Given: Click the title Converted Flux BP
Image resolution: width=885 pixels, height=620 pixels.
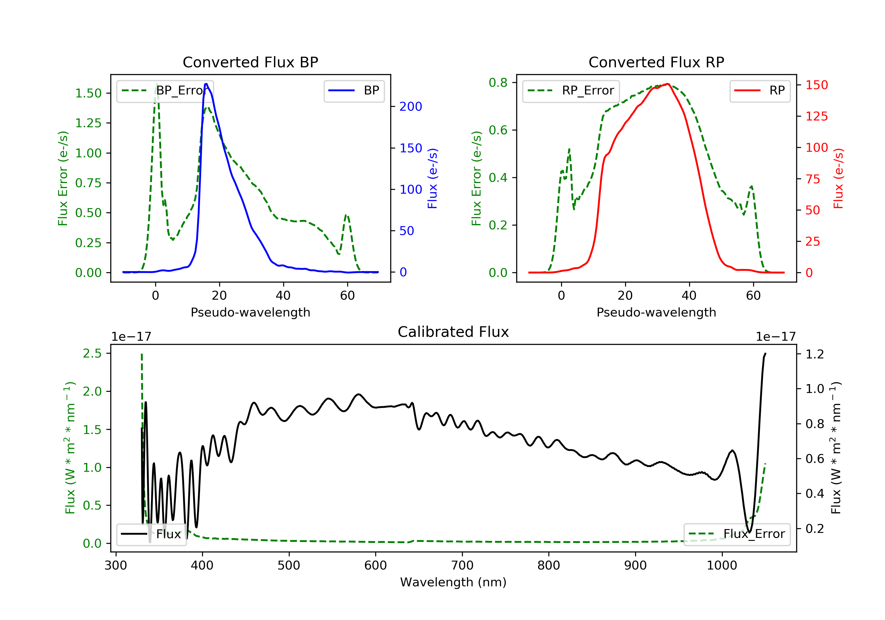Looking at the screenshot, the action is [x=250, y=62].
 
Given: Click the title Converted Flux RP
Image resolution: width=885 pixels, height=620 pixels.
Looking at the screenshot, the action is [x=656, y=62].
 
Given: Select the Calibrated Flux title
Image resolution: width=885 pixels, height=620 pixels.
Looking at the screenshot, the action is [x=453, y=332].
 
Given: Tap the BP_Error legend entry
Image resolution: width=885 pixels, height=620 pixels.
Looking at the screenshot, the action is [x=165, y=91].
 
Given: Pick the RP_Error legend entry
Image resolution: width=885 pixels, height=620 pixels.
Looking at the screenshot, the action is [x=571, y=91].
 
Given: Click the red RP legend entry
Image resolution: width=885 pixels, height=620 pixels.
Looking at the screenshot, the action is [x=760, y=91].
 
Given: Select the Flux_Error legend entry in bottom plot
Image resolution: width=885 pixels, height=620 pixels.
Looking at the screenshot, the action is [x=737, y=534].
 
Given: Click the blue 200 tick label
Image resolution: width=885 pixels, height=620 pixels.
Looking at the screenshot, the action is [x=411, y=107].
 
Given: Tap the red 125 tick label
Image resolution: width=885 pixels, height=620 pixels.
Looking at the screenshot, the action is [x=816, y=116].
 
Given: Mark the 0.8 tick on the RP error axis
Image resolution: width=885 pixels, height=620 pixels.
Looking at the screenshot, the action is [x=498, y=83].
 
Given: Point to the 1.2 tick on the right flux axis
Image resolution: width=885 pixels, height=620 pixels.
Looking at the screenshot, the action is [x=815, y=354].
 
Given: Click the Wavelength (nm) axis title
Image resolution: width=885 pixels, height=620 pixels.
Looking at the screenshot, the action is [x=453, y=582].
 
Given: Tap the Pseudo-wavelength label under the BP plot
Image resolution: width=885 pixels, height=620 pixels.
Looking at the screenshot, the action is [x=250, y=312].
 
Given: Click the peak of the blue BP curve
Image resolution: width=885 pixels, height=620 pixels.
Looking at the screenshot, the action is [x=206, y=84].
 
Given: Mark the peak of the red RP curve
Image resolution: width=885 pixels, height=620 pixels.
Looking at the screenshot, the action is [x=667, y=84].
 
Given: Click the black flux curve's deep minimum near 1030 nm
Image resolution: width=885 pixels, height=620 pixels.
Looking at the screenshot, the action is [x=749, y=532].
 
